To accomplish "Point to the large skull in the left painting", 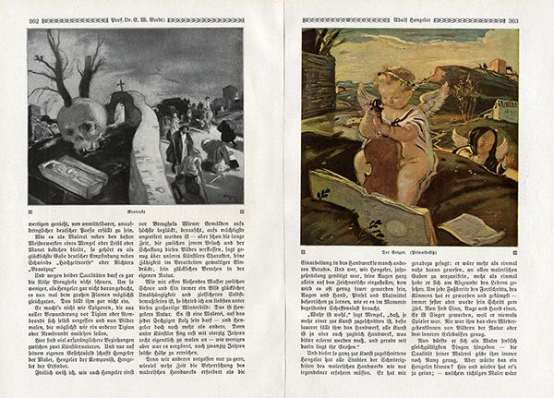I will pyautogui.click(x=78, y=121).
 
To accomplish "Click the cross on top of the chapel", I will pyautogui.click(x=119, y=85).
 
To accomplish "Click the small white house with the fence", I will pyautogui.click(x=504, y=111).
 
